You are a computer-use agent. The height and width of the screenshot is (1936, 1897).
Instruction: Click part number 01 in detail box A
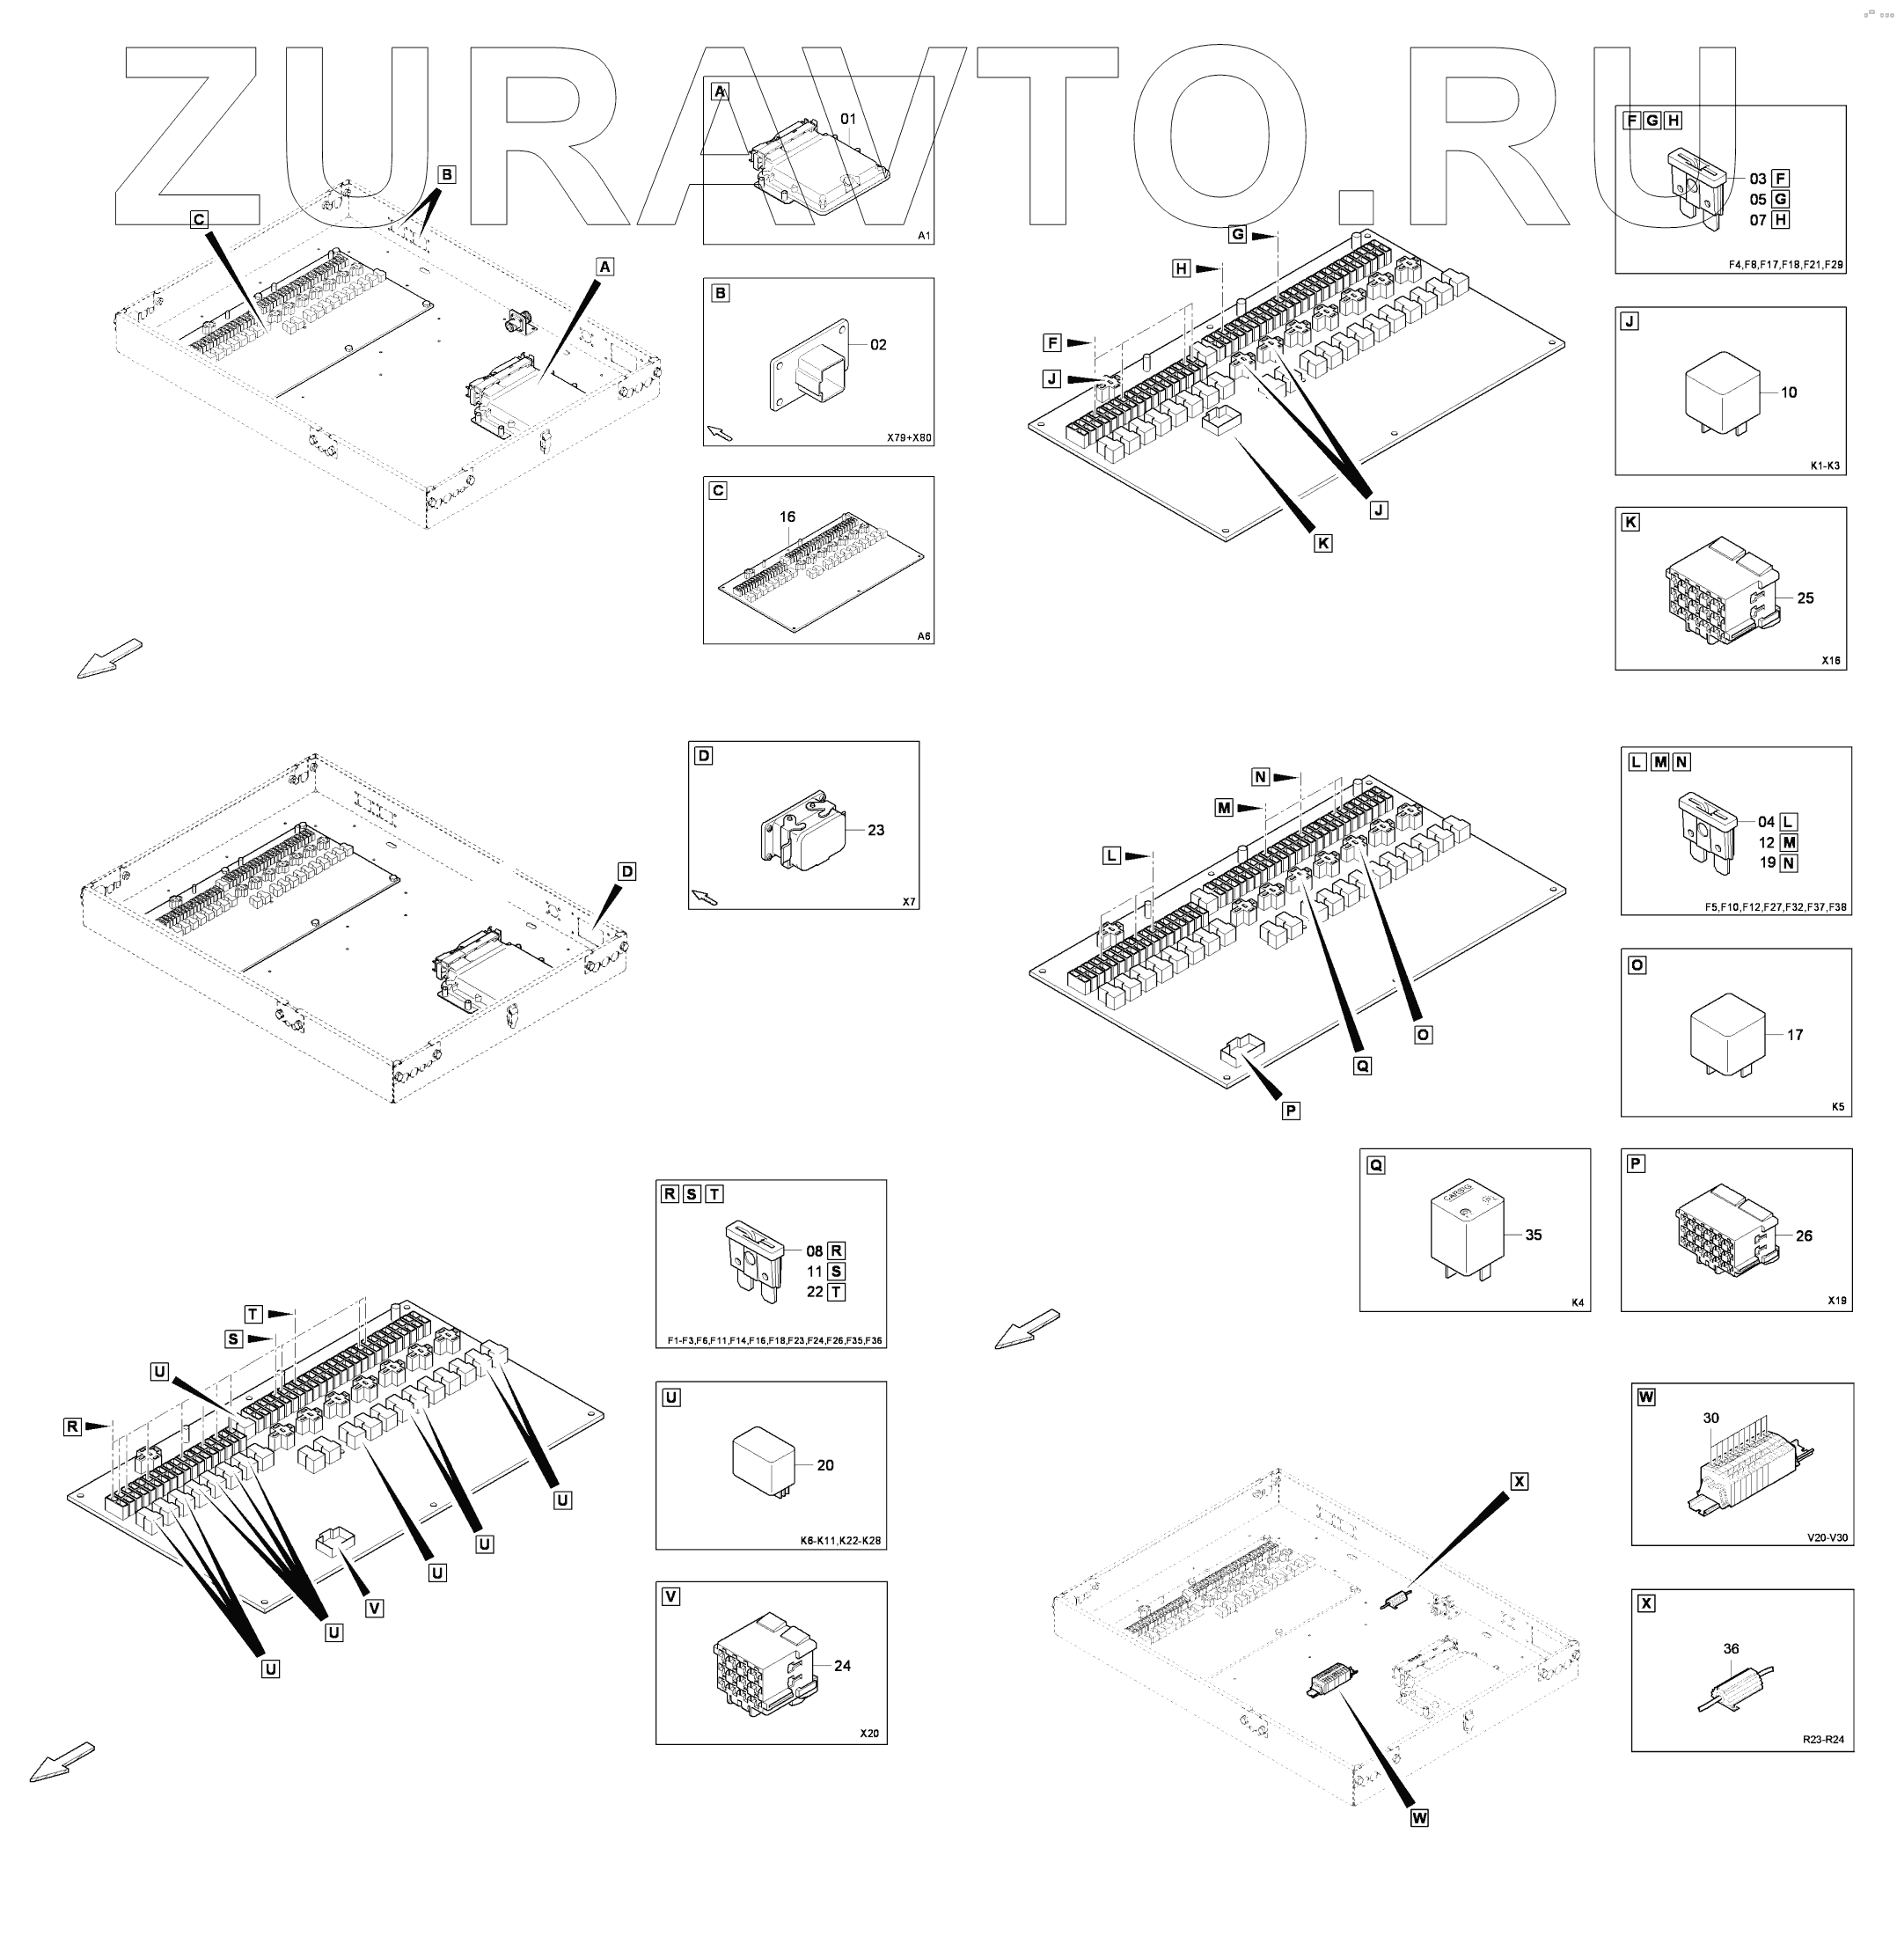coord(848,120)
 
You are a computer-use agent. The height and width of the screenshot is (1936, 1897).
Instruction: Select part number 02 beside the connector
coord(878,345)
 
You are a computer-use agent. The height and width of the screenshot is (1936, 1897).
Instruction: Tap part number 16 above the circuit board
coord(787,517)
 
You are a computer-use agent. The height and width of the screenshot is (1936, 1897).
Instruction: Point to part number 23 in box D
coord(875,830)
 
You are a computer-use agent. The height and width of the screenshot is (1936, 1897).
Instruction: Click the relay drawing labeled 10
coord(1722,392)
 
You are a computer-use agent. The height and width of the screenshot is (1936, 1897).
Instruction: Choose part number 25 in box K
coord(1805,598)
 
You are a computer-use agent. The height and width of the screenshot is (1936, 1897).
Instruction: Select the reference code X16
coord(1830,661)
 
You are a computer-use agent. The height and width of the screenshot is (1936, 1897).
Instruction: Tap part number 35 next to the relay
coord(1534,1235)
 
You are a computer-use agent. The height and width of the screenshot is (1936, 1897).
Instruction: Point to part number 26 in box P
coord(1805,1236)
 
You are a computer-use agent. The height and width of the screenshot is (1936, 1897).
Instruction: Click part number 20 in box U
coord(825,1464)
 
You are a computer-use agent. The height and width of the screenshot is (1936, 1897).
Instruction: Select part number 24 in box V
coord(842,1665)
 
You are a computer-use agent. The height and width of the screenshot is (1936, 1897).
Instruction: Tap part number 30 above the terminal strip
coord(1710,1418)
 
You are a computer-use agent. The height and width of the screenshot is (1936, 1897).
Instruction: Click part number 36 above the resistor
coord(1732,1649)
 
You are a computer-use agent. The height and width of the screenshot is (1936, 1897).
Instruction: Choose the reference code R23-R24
coord(1822,1740)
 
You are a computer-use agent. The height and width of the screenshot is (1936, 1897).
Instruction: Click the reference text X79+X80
coord(909,437)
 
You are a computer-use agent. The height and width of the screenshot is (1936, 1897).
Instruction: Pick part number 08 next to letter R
coord(815,1251)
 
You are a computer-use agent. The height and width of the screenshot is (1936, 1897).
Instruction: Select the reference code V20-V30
coord(1827,1537)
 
